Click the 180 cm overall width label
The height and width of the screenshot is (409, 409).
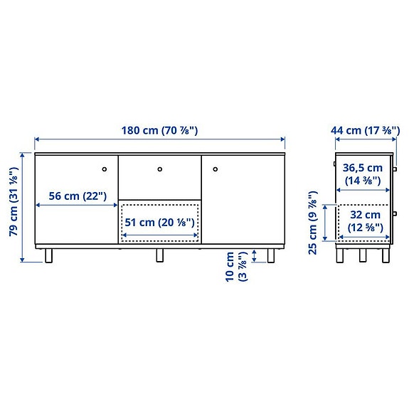[160, 130]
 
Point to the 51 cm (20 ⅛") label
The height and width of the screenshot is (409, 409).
[160, 221]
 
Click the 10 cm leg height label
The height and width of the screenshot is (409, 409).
[237, 267]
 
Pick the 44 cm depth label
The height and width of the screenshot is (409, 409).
[363, 130]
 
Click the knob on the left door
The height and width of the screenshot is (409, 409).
[104, 169]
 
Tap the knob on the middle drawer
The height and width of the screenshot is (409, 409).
[160, 169]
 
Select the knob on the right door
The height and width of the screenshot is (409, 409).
[215, 169]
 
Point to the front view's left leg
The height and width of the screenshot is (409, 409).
[48, 255]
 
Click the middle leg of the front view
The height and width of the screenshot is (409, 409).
[160, 255]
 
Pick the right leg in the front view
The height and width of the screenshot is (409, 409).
[271, 255]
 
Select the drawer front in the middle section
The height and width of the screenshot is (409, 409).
[160, 176]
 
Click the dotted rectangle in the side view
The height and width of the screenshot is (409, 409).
[363, 222]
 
